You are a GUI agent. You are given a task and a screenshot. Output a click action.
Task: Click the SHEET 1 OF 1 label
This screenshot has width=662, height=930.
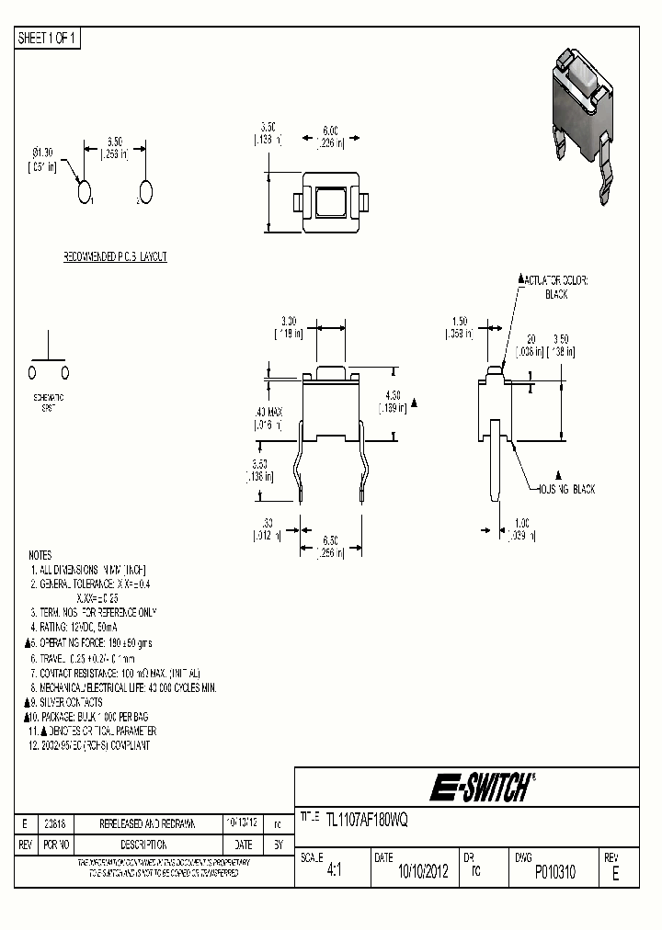point(49,38)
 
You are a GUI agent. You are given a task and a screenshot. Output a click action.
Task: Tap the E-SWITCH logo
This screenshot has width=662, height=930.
point(481,788)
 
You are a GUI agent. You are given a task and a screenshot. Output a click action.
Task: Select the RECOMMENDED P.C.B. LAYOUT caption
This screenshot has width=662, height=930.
point(115,257)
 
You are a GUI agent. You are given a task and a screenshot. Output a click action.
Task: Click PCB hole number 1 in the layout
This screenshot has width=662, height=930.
point(85,192)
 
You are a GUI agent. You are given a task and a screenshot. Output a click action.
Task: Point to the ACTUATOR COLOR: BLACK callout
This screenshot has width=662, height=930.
point(556,287)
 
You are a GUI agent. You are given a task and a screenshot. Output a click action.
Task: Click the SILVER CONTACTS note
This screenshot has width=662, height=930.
point(70,702)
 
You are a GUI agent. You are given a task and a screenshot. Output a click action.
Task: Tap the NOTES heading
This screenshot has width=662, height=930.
point(40,556)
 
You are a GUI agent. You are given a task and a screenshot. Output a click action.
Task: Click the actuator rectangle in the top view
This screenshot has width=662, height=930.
point(329,201)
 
